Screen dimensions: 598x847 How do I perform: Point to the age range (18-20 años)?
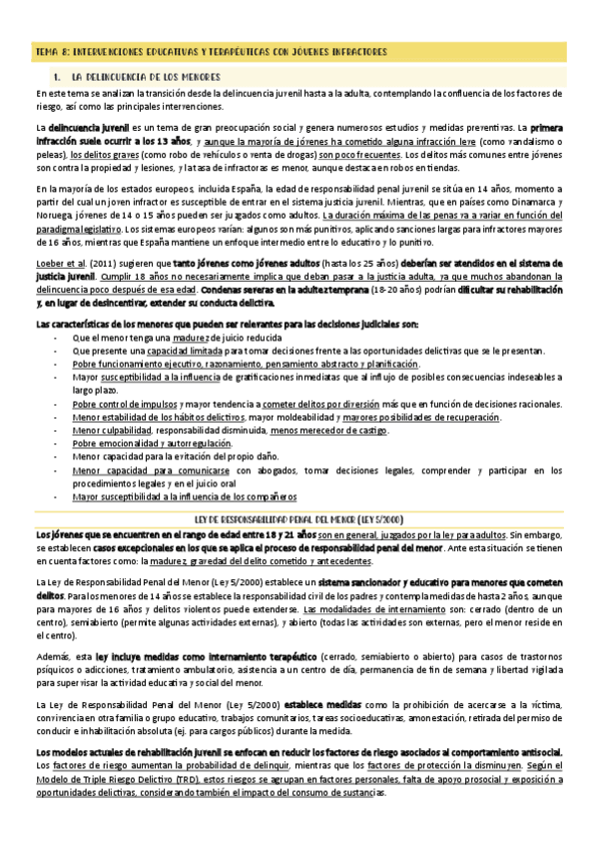coord(371,290)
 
